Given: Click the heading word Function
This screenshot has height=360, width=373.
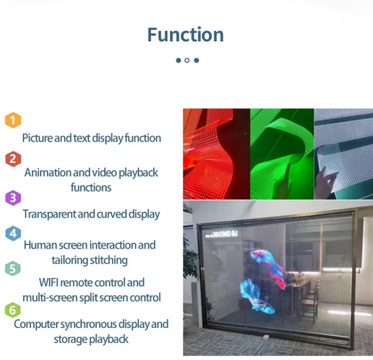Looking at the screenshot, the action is (185, 35).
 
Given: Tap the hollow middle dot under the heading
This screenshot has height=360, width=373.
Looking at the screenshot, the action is (187, 60).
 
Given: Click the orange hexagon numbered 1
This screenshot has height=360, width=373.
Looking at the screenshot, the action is (13, 120).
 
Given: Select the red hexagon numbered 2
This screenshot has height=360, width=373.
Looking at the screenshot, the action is (13, 159).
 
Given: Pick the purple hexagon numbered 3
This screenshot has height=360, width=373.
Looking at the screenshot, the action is (13, 198).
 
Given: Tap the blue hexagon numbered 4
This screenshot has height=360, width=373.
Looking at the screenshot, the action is (13, 233).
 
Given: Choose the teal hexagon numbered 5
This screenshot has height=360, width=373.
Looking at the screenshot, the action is (13, 269).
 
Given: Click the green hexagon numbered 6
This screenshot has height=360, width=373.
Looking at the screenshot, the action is (13, 310).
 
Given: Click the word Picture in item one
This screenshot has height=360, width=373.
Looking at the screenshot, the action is (37, 138).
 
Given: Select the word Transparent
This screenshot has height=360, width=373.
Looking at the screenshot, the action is (49, 214).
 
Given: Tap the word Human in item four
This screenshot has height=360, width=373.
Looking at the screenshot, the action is (40, 245).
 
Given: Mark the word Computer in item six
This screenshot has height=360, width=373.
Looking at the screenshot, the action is (36, 324).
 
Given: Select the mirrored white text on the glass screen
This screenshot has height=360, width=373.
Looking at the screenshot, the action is (222, 234).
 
